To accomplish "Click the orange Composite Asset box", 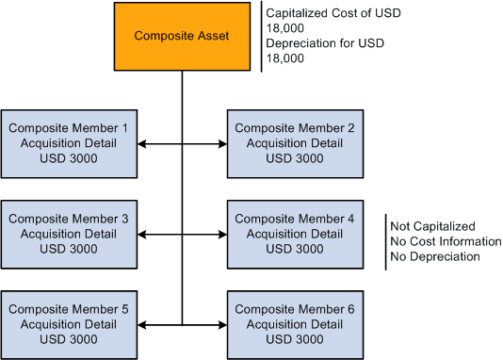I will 182,37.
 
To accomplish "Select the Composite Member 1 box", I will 70,143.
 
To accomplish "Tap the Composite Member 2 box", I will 293,143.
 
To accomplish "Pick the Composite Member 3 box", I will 70,234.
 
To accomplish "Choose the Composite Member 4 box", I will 293,234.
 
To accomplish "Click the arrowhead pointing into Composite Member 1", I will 142,144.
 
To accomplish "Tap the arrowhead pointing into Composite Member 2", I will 222,144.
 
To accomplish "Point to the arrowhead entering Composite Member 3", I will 142,235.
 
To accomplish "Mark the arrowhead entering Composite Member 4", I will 222,235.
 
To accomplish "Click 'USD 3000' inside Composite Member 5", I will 70,339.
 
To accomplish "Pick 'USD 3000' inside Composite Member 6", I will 293,339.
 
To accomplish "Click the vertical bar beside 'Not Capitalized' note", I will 386,241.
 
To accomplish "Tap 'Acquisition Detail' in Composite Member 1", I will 70,143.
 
